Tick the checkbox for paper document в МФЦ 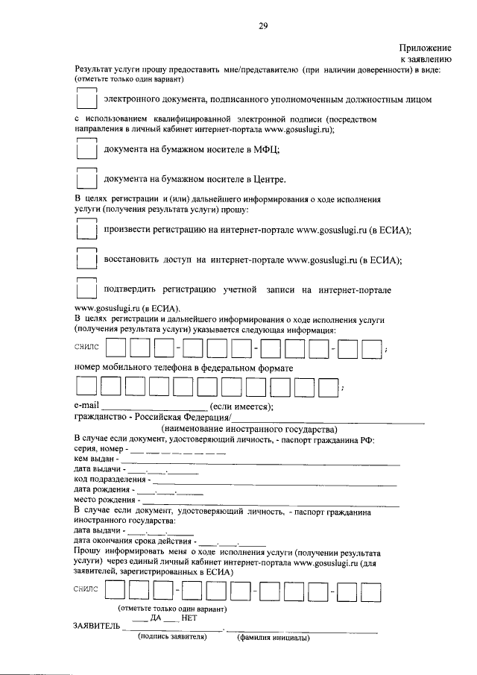click(x=87, y=149)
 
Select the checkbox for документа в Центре click(x=87, y=179)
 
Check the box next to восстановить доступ click(x=87, y=260)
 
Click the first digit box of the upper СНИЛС click(x=116, y=348)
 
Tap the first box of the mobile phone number click(x=86, y=386)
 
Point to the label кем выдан click(x=92, y=459)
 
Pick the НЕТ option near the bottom click(x=189, y=618)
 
